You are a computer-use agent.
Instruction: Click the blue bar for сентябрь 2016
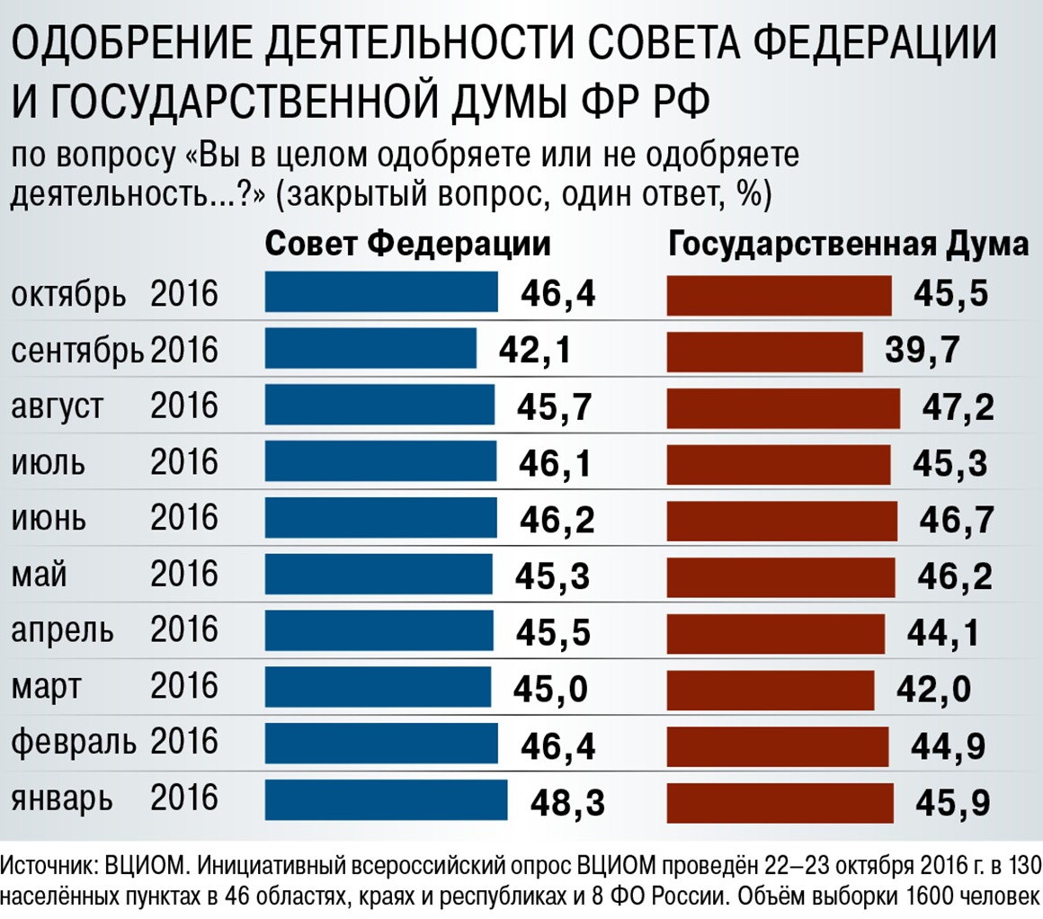click(370, 349)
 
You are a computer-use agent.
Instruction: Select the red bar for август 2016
click(782, 406)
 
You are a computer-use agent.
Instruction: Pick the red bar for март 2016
click(770, 690)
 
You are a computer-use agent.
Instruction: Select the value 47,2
click(958, 407)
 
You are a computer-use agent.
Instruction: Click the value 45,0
click(550, 690)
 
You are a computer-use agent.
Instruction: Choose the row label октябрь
click(68, 294)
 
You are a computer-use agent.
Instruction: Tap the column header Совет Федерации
click(407, 245)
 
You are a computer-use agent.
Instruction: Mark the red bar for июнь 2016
click(781, 520)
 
